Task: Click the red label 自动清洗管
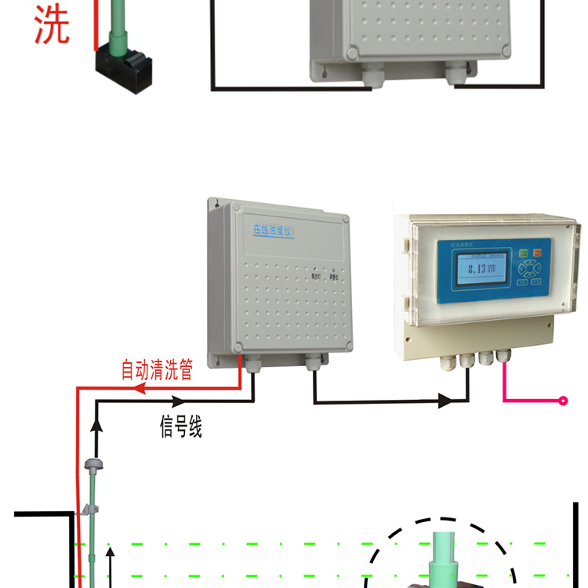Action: pos(157,369)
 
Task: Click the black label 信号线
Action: pos(181,428)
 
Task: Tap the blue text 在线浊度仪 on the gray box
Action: pos(272,230)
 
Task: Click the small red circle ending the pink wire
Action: pos(563,401)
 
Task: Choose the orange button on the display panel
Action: pos(537,252)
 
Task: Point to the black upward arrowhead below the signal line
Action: pos(96,424)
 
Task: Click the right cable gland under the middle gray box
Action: pos(313,361)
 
